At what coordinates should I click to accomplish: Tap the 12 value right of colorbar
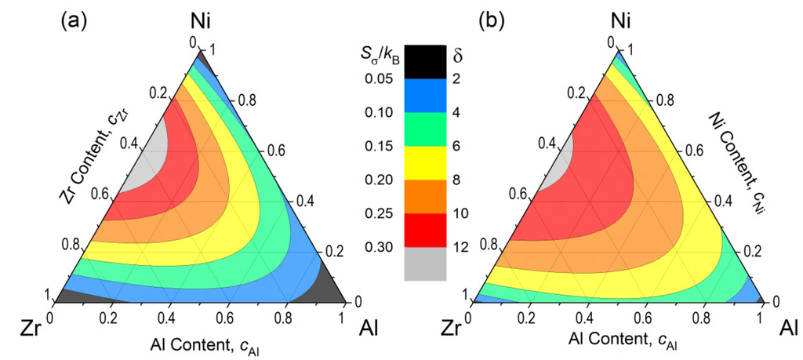pyautogui.click(x=461, y=249)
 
